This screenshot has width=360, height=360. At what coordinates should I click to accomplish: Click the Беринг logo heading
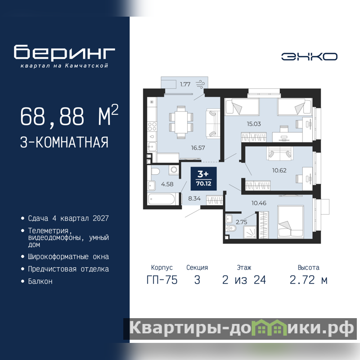pos(64,53)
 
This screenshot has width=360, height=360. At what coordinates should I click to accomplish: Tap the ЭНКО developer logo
pos(309,57)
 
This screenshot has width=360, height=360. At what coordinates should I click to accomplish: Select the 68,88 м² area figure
pos(69,116)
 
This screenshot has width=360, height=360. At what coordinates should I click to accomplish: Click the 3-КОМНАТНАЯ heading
pos(64,142)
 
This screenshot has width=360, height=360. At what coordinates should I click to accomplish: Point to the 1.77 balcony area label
pos(185,84)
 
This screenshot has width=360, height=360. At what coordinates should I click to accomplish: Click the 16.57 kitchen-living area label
pos(198,148)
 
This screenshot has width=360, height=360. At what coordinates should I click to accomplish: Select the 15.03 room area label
pos(254,124)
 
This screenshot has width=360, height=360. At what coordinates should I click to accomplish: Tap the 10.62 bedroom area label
pos(279,171)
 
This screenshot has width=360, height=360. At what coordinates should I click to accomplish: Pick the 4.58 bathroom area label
pos(167,184)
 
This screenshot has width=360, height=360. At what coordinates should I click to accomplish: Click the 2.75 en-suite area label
pos(241,222)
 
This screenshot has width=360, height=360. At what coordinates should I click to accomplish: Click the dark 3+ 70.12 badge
pos(204,179)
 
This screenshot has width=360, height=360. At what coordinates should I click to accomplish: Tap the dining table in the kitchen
pos(181,122)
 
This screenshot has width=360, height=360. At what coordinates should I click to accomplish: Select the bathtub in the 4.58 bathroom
pos(162,199)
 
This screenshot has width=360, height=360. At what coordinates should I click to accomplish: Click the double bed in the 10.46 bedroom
pos(291,222)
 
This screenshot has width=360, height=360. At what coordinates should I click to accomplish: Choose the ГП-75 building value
pos(162,280)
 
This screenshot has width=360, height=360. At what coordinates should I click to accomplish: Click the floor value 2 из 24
pos(244,280)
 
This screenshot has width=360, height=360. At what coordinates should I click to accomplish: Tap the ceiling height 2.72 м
pos(308,280)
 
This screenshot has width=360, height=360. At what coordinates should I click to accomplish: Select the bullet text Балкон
pos(40,281)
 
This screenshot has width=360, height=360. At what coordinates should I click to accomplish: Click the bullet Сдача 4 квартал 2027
pos(68,218)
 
